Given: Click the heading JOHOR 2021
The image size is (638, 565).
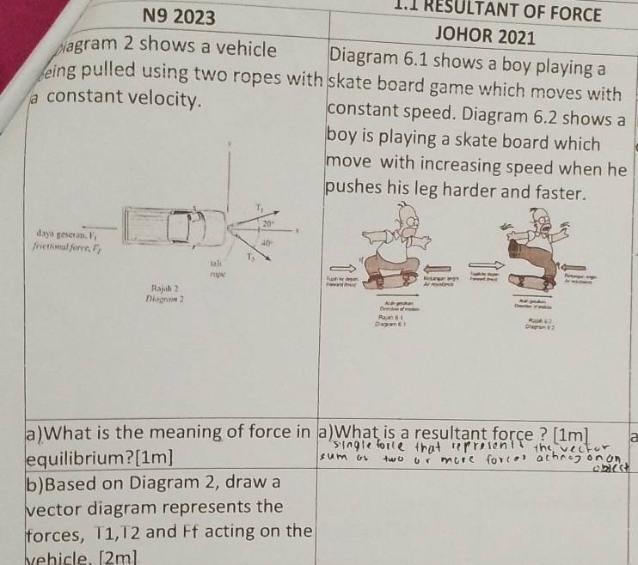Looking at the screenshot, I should coord(486,36).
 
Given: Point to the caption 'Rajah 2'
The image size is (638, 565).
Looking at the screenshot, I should coord(164,288).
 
